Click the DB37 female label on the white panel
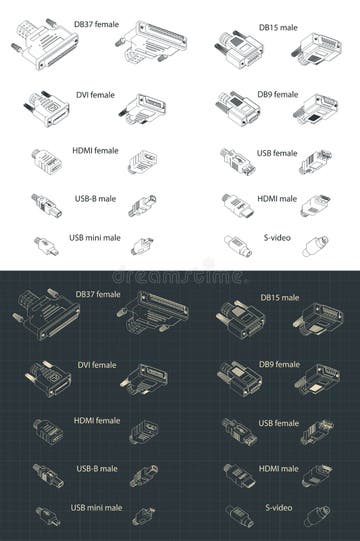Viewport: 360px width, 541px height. point(97,22)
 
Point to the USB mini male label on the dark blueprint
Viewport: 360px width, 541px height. point(95,508)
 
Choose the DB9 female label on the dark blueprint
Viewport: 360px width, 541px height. point(278,367)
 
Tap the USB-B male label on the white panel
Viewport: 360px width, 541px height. point(94,198)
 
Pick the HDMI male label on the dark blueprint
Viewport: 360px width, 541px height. point(279,469)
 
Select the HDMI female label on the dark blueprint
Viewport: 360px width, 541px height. point(96,421)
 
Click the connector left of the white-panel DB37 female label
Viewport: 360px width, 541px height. point(40,47)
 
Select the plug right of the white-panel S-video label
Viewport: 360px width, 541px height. point(315,245)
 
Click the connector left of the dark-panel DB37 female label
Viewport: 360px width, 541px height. point(40,317)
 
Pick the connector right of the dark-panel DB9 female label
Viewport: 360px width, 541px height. point(315,377)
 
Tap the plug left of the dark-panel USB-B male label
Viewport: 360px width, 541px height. point(44,474)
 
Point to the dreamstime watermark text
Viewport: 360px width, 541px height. point(180,273)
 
